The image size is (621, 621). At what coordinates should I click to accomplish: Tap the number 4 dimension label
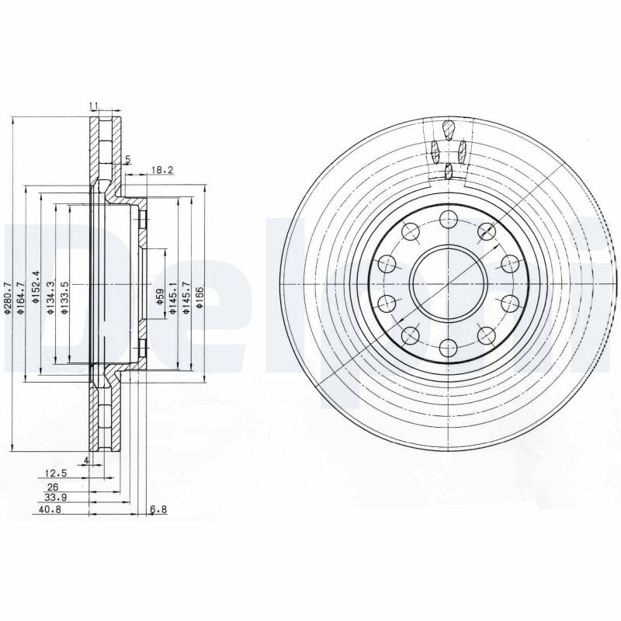click(86, 460)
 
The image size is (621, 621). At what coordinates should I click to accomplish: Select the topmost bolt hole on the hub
click(448, 220)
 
